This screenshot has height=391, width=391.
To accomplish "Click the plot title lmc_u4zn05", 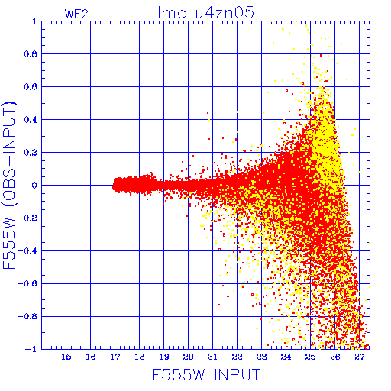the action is pyautogui.click(x=205, y=13).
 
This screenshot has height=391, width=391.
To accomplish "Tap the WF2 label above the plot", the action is pyautogui.click(x=76, y=14).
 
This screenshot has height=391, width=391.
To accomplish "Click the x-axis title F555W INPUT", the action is pyautogui.click(x=206, y=375).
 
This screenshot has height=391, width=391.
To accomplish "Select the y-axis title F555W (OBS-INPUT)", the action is pyautogui.click(x=9, y=185).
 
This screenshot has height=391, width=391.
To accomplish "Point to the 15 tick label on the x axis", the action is pyautogui.click(x=66, y=357).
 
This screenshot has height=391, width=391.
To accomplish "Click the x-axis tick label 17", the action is pyautogui.click(x=115, y=357).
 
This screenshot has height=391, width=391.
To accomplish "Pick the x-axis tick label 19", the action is pyautogui.click(x=164, y=357).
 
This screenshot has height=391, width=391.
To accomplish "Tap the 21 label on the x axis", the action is pyautogui.click(x=212, y=357).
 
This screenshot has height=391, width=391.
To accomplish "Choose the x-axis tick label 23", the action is pyautogui.click(x=261, y=357).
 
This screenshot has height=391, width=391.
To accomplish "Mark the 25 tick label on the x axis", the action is pyautogui.click(x=310, y=357).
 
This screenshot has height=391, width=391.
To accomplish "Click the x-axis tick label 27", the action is pyautogui.click(x=359, y=357).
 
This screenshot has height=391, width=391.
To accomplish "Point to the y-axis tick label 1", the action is pyautogui.click(x=34, y=21).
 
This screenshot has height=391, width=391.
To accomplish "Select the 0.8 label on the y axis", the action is pyautogui.click(x=31, y=54).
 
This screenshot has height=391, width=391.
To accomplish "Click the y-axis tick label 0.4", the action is pyautogui.click(x=31, y=120).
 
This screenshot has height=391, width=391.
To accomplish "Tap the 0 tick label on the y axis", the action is pyautogui.click(x=34, y=185).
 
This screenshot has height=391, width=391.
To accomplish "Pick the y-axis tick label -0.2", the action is pyautogui.click(x=27, y=218).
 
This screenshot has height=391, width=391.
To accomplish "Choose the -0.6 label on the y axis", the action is pyautogui.click(x=27, y=283).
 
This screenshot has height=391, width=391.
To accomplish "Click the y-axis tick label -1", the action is pyautogui.click(x=31, y=349).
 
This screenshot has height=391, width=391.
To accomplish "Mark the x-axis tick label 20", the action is pyautogui.click(x=188, y=357).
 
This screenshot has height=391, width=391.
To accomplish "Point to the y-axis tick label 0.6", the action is pyautogui.click(x=31, y=87).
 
